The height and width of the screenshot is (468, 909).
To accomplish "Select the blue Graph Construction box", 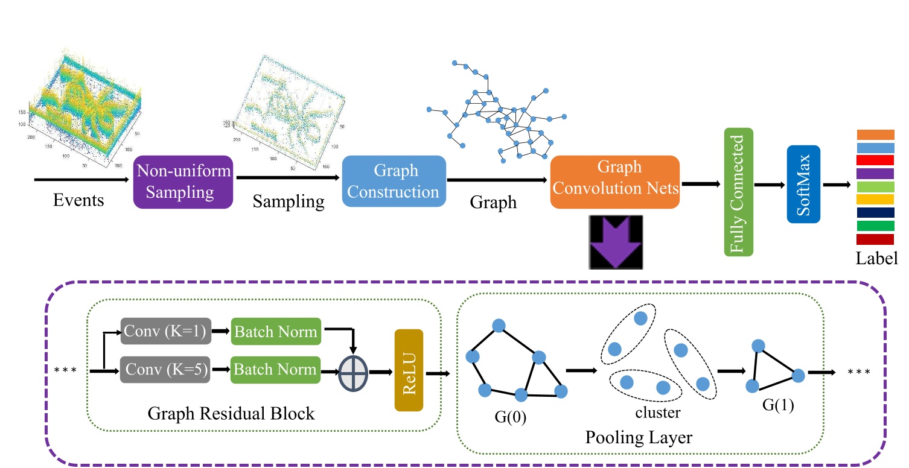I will (394, 182).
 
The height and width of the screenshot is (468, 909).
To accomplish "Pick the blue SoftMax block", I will (803, 183).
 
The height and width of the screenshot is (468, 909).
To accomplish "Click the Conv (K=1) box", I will (165, 331).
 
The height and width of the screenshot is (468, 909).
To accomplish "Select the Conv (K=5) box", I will (165, 368).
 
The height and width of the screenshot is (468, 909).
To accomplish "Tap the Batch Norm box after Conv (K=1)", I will (275, 331).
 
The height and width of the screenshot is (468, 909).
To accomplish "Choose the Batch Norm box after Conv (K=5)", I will (275, 368).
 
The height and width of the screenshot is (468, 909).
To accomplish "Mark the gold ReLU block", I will (409, 370).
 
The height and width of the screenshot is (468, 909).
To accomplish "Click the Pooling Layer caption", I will (638, 438).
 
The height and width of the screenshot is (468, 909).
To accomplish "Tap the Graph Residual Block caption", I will (231, 414).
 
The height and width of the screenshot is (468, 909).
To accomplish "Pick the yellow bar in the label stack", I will (875, 199).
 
